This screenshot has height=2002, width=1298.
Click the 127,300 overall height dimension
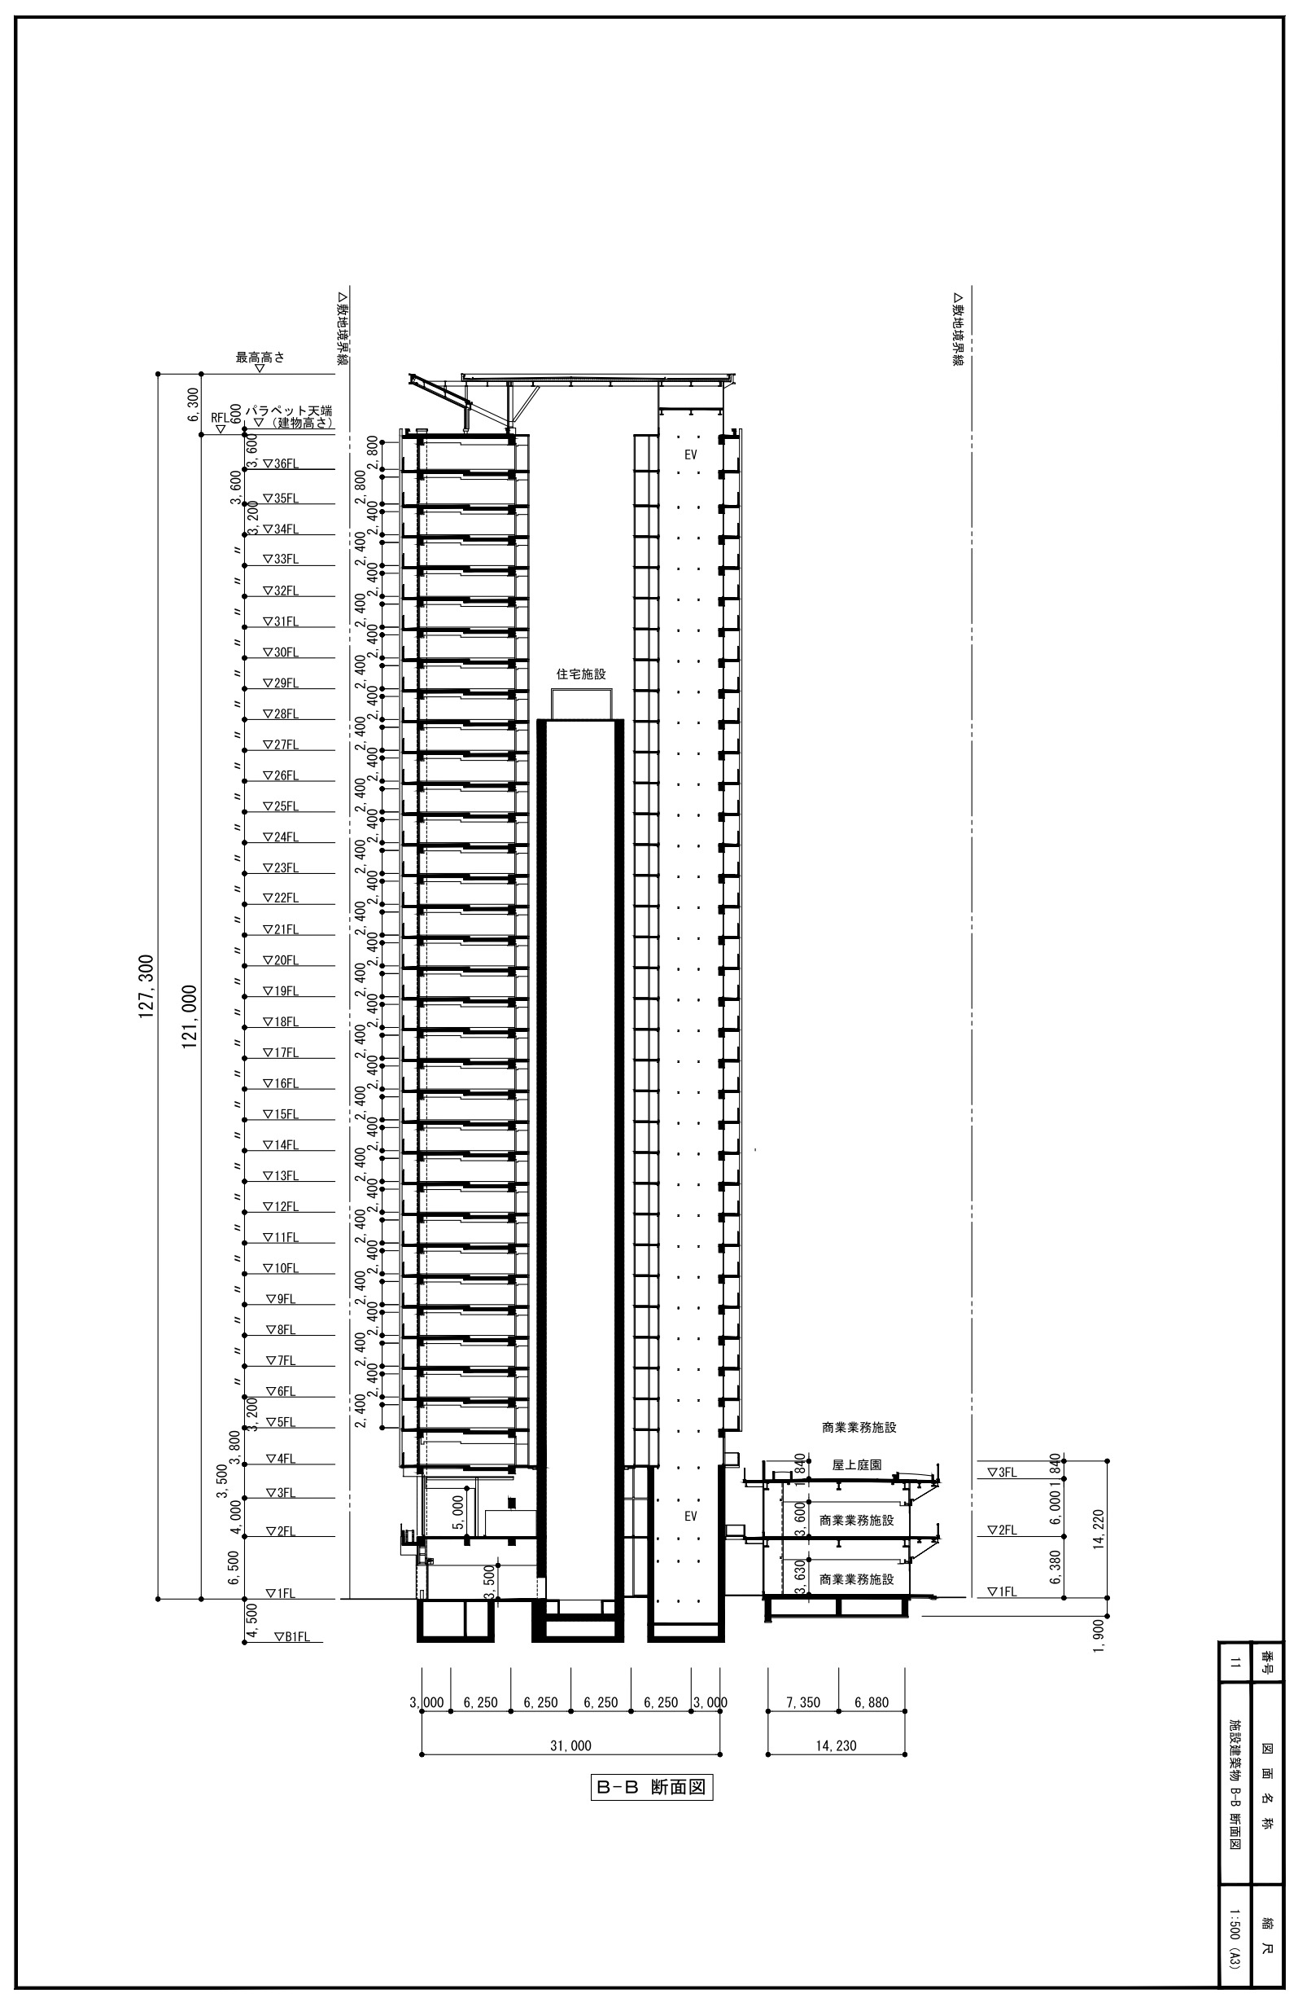click(x=146, y=986)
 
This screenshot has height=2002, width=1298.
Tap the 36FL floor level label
click(x=281, y=463)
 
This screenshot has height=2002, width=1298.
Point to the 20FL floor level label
click(x=281, y=959)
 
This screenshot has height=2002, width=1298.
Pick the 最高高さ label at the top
click(x=260, y=357)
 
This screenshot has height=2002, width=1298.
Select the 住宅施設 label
click(x=581, y=674)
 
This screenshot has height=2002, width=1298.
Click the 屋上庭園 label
click(x=857, y=1464)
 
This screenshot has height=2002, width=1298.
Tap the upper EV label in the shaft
click(x=691, y=454)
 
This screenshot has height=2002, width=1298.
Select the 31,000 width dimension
click(x=570, y=1745)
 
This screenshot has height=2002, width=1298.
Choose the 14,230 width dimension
click(x=836, y=1745)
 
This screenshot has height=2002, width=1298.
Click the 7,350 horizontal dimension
click(x=803, y=1702)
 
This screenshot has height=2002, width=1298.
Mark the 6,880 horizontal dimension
click(x=871, y=1702)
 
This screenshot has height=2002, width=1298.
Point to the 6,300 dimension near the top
click(x=193, y=405)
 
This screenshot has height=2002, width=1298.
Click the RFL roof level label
click(x=220, y=417)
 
